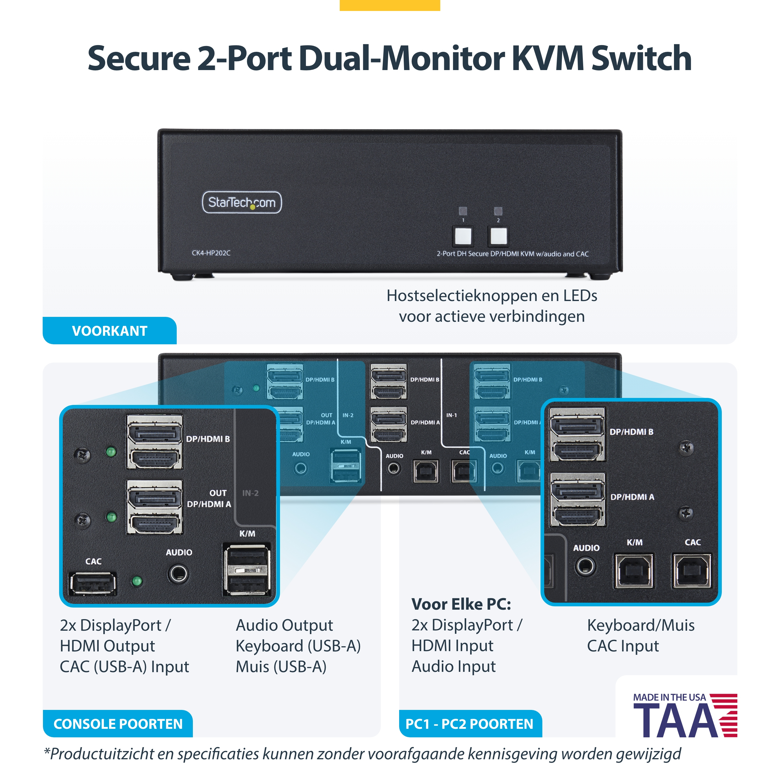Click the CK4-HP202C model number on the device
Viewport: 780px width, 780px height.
coord(211,253)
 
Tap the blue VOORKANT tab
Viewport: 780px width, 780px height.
coord(109,331)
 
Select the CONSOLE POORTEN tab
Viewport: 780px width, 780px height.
coord(118,724)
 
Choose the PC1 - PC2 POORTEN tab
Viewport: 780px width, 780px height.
coord(470,724)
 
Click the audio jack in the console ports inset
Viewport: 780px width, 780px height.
coord(178,574)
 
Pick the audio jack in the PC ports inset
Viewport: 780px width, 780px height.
coord(585,566)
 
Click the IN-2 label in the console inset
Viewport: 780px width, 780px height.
coord(250,493)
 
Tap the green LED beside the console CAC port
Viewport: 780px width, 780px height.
coord(137,581)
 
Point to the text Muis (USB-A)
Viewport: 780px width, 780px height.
coord(281,667)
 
